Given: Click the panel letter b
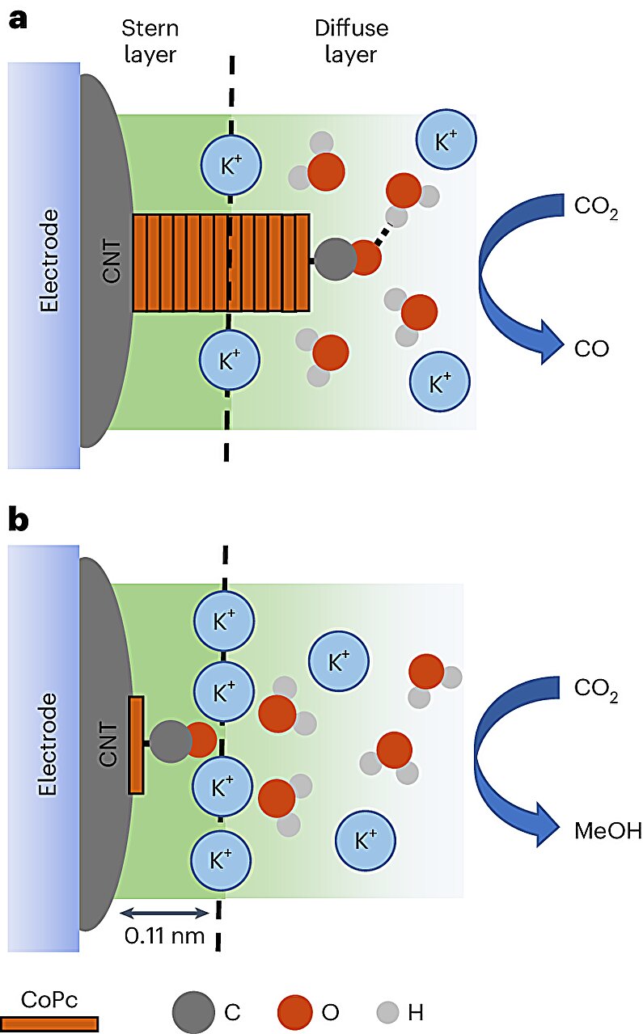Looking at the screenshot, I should pos(18,519).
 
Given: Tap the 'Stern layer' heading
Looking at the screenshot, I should pos(149,42).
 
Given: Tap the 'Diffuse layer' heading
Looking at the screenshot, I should pos(351,42).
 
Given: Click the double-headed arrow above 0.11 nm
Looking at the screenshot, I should pos(163,913).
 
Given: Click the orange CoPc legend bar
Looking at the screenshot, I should pos(49,1023).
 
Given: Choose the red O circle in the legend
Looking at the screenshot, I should pos(295,1011).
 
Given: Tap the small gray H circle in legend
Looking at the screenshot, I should pos(387,1011).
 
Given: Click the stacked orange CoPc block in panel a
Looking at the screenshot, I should pos(221,263).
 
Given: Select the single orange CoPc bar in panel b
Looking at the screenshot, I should pos(136,744).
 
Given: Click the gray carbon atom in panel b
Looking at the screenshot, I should pos(170,742).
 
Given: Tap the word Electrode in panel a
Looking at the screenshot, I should pos(49,260).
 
